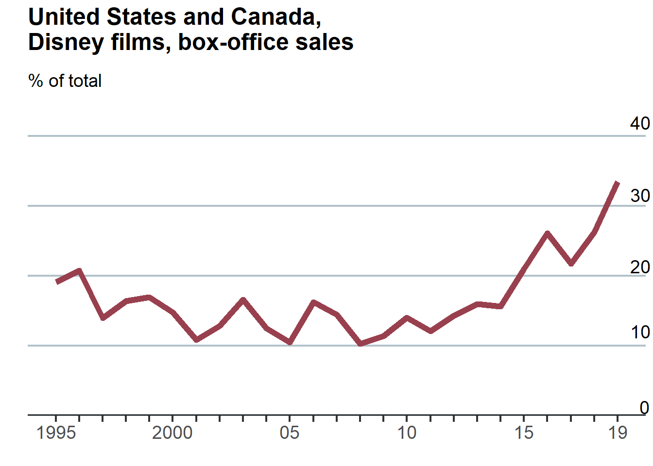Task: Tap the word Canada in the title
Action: click(x=275, y=17)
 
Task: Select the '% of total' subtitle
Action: click(x=65, y=81)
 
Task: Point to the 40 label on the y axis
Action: click(x=640, y=123)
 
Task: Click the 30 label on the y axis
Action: click(x=640, y=196)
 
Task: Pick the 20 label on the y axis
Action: click(x=640, y=267)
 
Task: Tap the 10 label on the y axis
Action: click(x=640, y=333)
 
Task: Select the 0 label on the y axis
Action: click(x=644, y=408)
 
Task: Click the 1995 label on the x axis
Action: click(x=56, y=433)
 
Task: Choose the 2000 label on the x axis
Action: click(x=172, y=433)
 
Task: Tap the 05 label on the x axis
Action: click(x=290, y=433)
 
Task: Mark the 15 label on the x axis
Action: click(x=524, y=433)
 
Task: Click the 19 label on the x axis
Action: click(x=618, y=433)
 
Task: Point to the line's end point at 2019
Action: click(x=618, y=183)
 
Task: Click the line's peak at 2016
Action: click(x=547, y=233)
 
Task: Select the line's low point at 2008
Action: click(x=360, y=344)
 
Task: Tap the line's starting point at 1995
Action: click(x=57, y=282)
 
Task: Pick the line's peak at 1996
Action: click(x=79, y=270)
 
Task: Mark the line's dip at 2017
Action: click(x=571, y=264)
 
